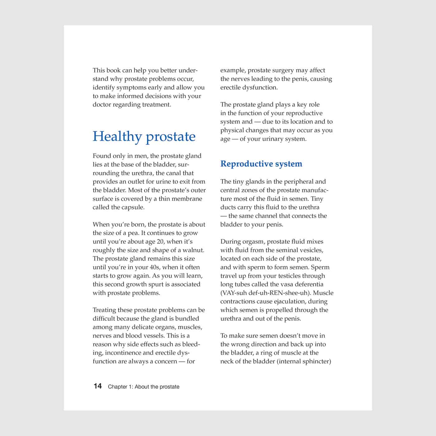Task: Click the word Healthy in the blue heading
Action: click(117, 137)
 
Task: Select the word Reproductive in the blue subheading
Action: click(243, 164)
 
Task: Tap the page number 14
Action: click(97, 386)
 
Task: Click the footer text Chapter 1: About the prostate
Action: click(144, 387)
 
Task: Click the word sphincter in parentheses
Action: click(317, 362)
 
